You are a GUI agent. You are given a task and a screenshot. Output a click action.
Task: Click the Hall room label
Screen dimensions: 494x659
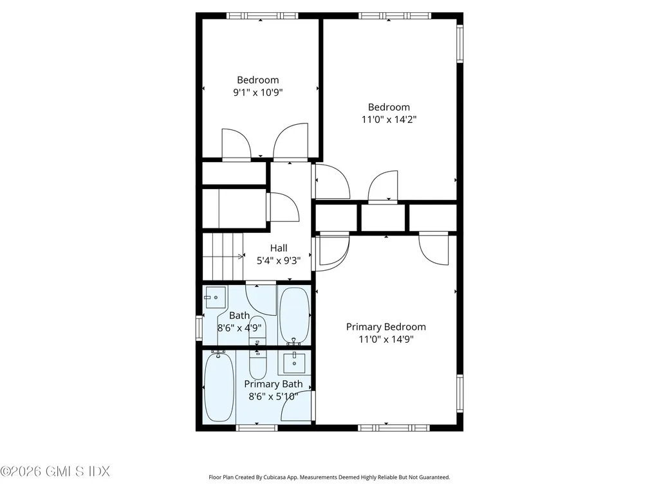pos(279,248)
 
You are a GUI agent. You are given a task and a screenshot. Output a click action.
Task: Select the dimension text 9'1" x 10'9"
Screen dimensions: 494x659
pos(257,92)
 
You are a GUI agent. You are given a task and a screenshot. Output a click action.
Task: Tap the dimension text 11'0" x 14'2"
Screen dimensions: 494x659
pos(389,119)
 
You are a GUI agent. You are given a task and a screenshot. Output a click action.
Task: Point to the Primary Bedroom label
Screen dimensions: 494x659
pos(385,327)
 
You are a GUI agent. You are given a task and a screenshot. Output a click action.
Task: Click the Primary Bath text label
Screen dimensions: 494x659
pos(273,384)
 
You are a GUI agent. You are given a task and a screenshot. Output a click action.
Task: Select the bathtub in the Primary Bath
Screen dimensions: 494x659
pos(219,387)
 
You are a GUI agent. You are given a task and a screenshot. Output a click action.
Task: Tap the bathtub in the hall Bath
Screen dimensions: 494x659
pos(294,315)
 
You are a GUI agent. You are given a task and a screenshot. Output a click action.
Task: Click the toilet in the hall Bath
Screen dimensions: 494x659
pos(257,329)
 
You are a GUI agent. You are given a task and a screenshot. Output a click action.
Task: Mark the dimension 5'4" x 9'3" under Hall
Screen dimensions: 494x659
pos(279,261)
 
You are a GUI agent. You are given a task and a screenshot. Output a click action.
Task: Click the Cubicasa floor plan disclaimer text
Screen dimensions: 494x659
pos(329,477)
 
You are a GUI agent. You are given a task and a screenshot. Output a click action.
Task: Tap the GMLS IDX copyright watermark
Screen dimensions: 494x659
pos(55,471)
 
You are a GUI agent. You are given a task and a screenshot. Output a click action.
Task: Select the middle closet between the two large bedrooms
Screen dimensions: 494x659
pos(384,217)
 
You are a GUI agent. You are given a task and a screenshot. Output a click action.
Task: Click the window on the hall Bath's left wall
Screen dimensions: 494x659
pos(199,326)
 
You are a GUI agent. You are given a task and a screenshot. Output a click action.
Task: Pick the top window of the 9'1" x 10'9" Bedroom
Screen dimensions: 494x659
pos(262,15)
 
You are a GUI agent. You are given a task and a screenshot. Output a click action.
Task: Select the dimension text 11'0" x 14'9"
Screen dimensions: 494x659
pos(385,340)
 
